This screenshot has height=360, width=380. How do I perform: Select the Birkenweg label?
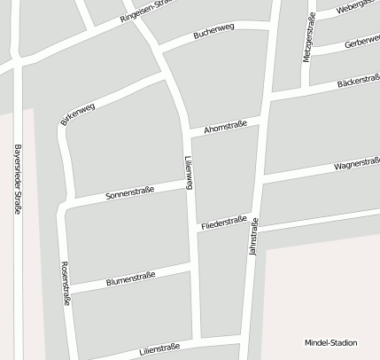click(x=78, y=113)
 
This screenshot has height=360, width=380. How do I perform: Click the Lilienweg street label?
click(x=188, y=172)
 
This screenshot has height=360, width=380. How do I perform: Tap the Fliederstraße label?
click(x=223, y=223)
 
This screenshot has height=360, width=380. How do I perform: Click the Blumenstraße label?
click(x=130, y=278)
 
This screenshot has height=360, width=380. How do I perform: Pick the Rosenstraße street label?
click(x=65, y=284)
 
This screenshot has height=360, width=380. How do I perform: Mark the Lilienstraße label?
click(x=160, y=349)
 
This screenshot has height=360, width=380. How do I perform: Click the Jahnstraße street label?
click(x=253, y=238)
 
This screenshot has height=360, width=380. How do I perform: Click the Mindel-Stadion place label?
click(x=330, y=342)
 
